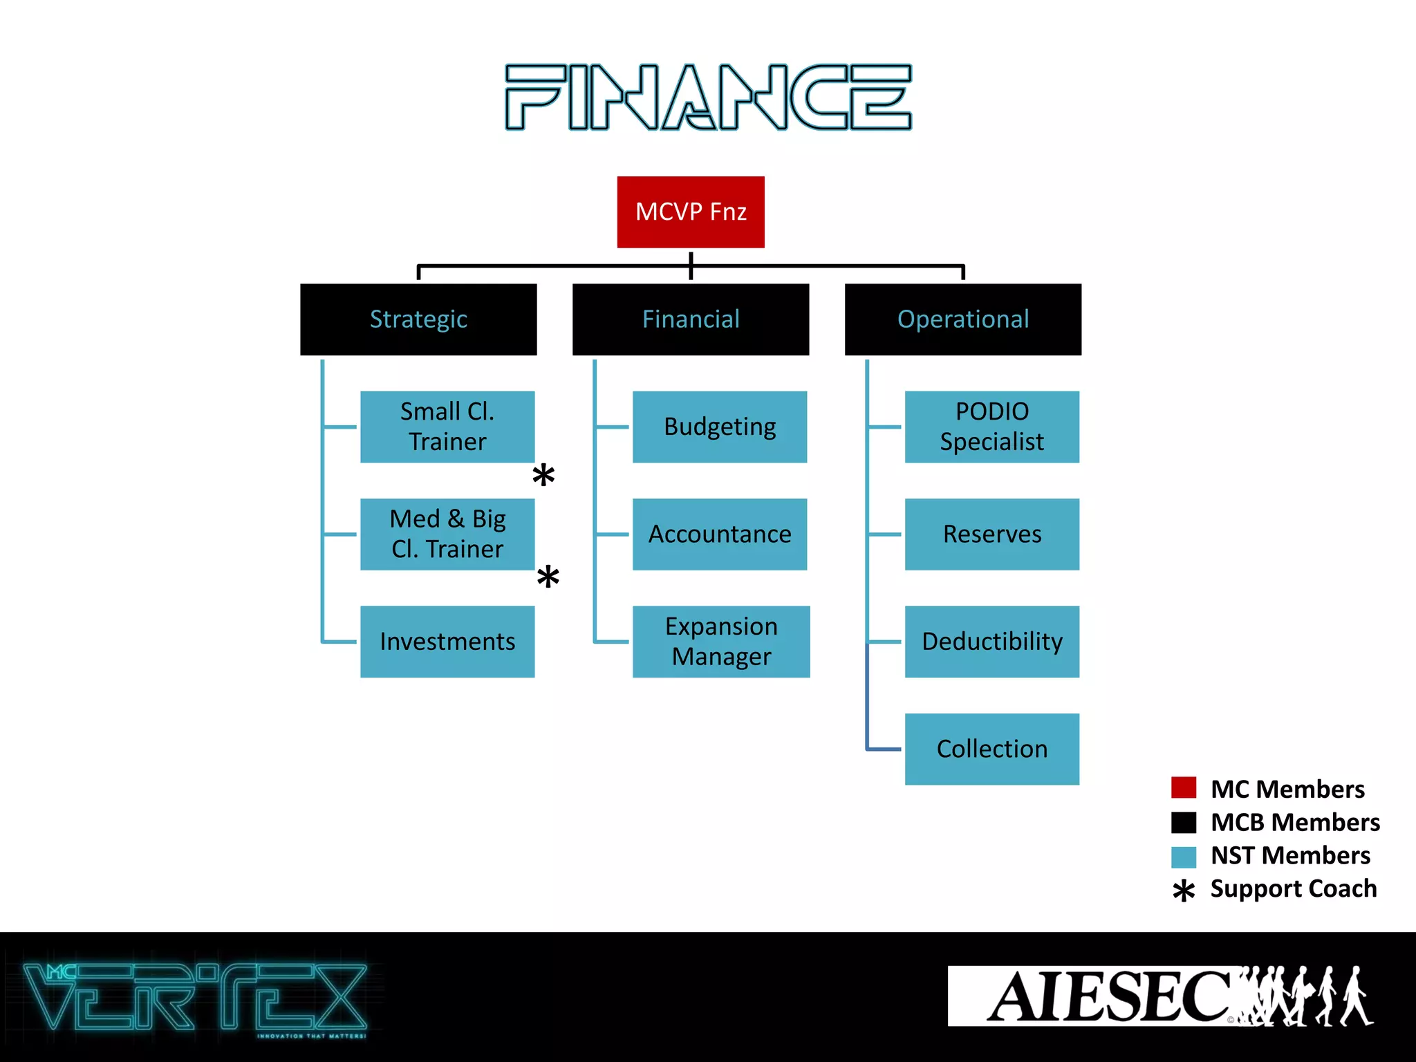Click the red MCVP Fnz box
click(691, 212)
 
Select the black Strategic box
click(418, 319)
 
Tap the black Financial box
click(691, 319)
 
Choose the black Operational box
click(962, 319)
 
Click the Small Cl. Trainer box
click(447, 427)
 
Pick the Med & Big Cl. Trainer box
click(447, 534)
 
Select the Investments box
click(447, 642)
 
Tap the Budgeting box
click(720, 427)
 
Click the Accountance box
click(720, 534)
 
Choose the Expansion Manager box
click(721, 642)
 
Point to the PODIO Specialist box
click(991, 427)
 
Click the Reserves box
click(991, 534)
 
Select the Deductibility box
click(991, 642)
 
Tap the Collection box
click(991, 749)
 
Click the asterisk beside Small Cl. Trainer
click(543, 475)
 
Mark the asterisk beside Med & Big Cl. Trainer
click(548, 577)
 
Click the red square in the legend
click(1184, 788)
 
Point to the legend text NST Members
click(1290, 855)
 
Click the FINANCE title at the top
click(708, 97)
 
